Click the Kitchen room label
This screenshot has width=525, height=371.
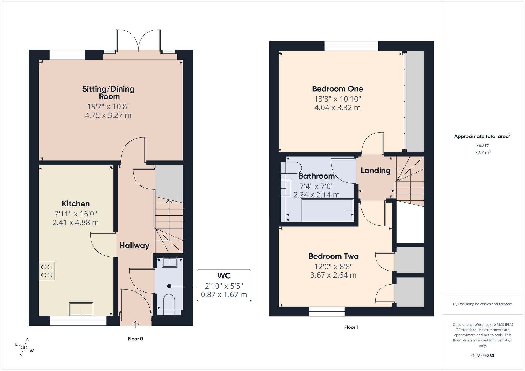click(x=76, y=204)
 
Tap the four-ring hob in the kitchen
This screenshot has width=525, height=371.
click(x=47, y=271)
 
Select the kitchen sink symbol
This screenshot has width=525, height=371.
click(x=81, y=309)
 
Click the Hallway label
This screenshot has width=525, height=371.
click(x=134, y=246)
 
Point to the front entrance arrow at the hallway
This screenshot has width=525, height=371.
click(x=136, y=325)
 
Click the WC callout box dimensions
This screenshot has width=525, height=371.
click(x=224, y=290)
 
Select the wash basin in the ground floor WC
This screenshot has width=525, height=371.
click(x=170, y=262)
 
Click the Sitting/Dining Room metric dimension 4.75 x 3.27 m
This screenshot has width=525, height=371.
click(x=108, y=115)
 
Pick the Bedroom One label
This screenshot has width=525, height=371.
click(x=337, y=89)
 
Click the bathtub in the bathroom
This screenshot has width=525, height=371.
click(x=328, y=210)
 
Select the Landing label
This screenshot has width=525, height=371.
click(x=375, y=171)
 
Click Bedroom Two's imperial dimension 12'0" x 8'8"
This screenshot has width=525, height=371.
click(x=333, y=267)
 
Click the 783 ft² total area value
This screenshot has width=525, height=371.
click(x=482, y=145)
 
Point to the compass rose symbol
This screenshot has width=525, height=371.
click(x=24, y=348)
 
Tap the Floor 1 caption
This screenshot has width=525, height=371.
click(x=351, y=327)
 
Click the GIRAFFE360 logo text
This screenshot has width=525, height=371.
click(x=482, y=356)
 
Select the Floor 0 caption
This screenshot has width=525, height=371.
click(x=135, y=339)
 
